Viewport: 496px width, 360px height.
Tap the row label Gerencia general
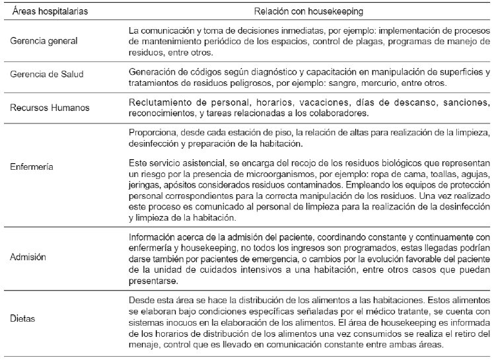[x=44, y=41]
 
